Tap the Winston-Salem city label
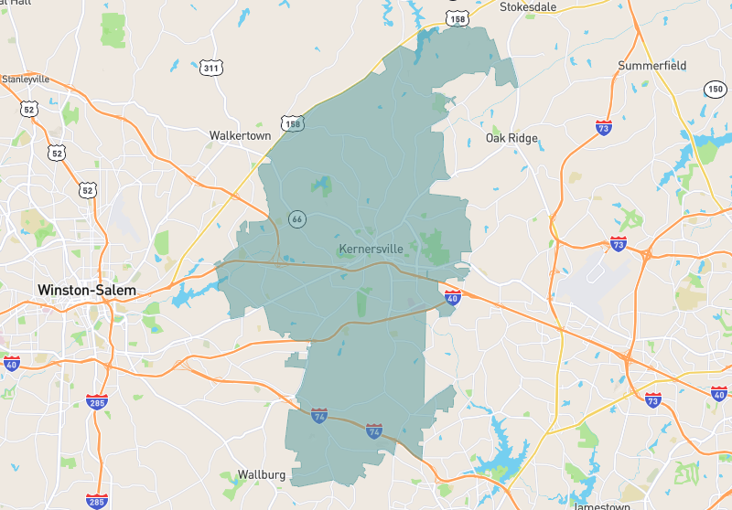(87, 291)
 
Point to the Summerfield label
(651, 66)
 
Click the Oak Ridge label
(511, 139)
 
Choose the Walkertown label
(240, 135)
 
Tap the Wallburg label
(262, 474)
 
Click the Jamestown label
(601, 505)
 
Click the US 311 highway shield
(210, 68)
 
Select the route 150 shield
(715, 89)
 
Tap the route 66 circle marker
(296, 219)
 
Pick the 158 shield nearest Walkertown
(292, 123)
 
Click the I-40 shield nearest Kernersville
(453, 297)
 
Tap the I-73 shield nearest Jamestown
(652, 399)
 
